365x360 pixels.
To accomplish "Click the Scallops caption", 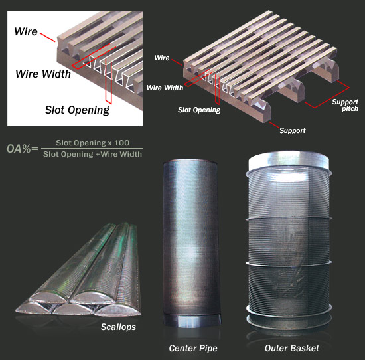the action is (x=118, y=327).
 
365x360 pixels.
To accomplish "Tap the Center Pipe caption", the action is (x=193, y=348).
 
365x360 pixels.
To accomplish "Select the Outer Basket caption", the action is (x=292, y=348).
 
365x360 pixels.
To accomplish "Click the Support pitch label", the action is (x=345, y=106).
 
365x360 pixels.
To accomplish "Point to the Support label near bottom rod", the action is (x=293, y=130).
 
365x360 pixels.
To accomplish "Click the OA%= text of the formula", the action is (x=22, y=149).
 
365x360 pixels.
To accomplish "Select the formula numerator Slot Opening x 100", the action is (x=93, y=143).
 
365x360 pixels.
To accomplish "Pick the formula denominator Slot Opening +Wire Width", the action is (x=92, y=154).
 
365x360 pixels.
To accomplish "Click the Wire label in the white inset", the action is (x=26, y=31).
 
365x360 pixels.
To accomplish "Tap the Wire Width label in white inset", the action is (x=43, y=74).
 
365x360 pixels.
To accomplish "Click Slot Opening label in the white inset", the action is (x=77, y=110).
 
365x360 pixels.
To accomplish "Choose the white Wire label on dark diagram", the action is (x=162, y=58).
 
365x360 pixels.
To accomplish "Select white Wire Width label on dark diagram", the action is (x=165, y=88).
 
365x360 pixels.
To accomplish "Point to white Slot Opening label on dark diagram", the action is (x=199, y=110).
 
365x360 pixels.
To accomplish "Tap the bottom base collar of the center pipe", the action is (x=192, y=321).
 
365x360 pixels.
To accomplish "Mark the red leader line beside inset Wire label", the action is (x=48, y=37).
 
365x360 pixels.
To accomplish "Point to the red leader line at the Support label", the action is (x=274, y=125).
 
